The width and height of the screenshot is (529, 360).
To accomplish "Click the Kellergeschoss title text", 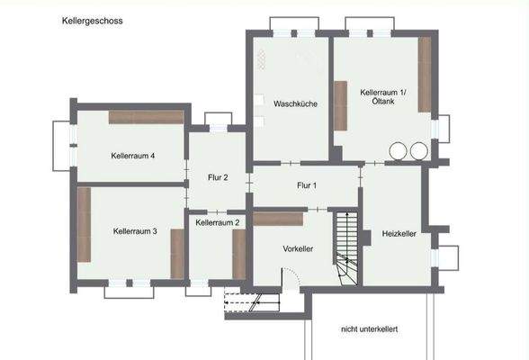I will coord(93,19).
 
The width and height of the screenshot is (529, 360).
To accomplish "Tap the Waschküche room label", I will coord(295,104).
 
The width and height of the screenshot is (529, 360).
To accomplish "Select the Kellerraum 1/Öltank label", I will coord(384,98).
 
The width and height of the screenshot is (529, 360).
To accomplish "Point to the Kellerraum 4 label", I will coord(133,156).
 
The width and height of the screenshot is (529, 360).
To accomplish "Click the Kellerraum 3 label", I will coord(135,231).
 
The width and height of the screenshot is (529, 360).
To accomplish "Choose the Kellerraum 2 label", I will coord(217,221).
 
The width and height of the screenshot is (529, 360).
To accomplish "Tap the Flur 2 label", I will coord(218,177).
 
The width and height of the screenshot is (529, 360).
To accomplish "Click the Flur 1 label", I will coord(307,185).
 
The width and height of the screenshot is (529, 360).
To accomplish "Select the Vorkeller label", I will coord(298,248).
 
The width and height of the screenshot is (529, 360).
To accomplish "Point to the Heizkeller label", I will coord(398,233).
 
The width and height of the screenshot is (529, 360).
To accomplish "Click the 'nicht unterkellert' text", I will coord(369,329).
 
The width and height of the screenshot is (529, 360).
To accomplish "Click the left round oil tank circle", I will coord(397,151).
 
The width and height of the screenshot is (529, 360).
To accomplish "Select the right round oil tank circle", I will coord(417,151).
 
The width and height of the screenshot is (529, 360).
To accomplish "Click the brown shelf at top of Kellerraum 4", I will coord(146,117).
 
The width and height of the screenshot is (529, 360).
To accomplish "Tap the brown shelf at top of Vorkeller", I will coord(278,218).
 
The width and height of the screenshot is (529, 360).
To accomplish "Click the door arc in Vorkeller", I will coord(291,276).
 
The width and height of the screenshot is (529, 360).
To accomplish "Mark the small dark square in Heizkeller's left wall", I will coord(366,237).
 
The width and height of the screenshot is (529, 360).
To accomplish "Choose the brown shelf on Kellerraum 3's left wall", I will coord(84,224).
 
